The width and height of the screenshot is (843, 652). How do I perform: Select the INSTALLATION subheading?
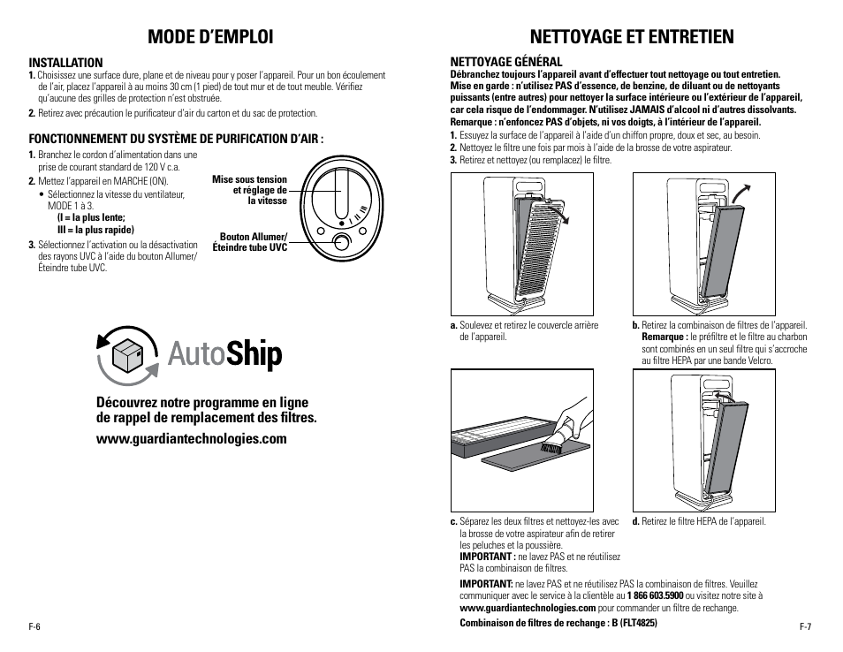click(x=65, y=63)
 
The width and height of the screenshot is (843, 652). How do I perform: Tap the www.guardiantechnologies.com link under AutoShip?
click(x=191, y=439)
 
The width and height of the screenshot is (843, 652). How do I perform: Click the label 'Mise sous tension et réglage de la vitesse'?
click(x=250, y=190)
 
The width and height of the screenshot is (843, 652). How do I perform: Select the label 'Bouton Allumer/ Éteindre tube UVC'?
click(x=253, y=242)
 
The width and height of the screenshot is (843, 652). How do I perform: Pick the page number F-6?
click(x=35, y=626)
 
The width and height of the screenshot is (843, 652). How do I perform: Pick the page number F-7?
click(x=805, y=626)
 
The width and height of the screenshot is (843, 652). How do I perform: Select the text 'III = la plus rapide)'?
click(x=95, y=230)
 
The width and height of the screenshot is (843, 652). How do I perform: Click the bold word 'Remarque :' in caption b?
click(x=664, y=337)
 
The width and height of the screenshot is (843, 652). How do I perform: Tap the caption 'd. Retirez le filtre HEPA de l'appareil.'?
click(x=698, y=521)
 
